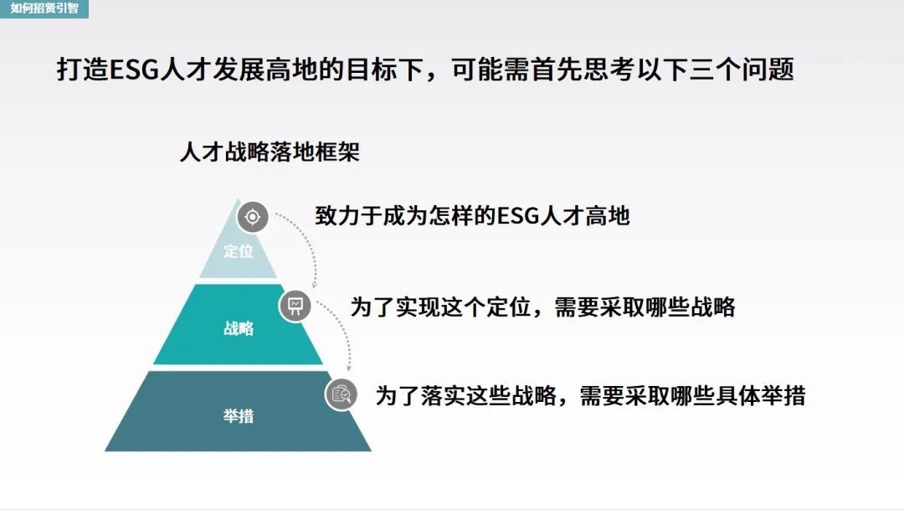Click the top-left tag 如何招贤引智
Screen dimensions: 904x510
[44, 8]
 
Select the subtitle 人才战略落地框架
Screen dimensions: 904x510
[270, 152]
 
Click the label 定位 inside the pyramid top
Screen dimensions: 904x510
[239, 251]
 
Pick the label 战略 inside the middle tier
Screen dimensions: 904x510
[239, 328]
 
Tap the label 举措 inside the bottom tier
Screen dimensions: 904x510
[239, 415]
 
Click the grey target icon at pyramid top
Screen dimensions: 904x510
[253, 217]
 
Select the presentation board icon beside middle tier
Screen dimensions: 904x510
[295, 306]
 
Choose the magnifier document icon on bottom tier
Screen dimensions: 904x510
[342, 394]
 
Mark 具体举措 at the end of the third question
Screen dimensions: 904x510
[760, 396]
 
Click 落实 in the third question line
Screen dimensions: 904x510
[443, 396]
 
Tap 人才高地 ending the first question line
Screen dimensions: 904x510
[584, 216]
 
